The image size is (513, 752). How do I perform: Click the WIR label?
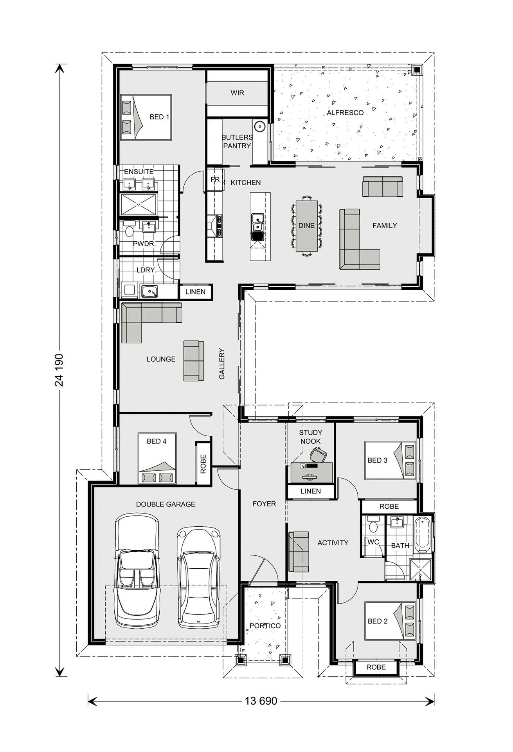tap(237, 93)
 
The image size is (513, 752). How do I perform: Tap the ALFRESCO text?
tap(345, 113)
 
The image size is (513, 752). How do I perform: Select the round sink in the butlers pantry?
tap(259, 127)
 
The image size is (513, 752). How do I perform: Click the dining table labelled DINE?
tap(306, 226)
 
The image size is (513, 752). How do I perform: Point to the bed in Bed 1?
tap(146, 117)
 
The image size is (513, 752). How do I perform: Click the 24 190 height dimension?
tap(59, 370)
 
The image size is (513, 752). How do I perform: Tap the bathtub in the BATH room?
tap(423, 535)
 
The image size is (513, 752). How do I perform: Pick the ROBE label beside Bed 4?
tap(203, 464)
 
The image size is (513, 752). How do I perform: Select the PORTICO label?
tap(265, 626)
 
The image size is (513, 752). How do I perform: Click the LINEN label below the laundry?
tap(195, 292)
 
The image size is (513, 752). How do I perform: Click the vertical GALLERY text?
tap(222, 363)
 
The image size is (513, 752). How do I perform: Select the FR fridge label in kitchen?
tap(215, 180)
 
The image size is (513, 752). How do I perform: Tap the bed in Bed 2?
tap(390, 622)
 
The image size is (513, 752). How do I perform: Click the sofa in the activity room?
tap(299, 551)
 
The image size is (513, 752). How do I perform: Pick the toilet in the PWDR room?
tap(129, 230)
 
